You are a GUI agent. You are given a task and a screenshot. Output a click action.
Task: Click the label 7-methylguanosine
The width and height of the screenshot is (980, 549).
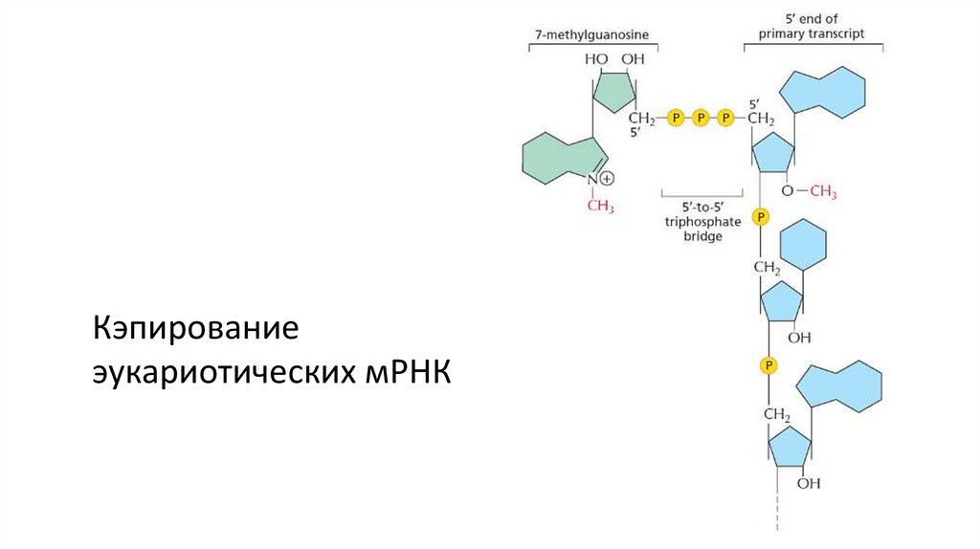tap(590, 35)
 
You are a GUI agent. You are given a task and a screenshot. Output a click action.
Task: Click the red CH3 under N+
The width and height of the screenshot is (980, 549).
tap(600, 206)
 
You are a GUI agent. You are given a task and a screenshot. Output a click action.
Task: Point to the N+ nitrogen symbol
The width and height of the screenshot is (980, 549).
tap(592, 179)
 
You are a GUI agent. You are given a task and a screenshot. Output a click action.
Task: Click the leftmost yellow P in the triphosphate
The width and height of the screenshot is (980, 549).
tap(676, 118)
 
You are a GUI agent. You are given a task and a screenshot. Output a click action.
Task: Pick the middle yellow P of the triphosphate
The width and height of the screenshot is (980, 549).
tap(701, 118)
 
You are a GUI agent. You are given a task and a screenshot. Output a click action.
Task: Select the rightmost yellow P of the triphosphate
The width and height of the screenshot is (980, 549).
tap(725, 118)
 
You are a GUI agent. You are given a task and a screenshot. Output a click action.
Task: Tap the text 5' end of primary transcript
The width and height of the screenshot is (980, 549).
tap(812, 26)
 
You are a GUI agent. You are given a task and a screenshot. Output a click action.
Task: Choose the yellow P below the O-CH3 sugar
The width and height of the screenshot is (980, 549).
tap(761, 218)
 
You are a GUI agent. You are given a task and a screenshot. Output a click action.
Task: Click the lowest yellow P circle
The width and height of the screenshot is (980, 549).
tap(768, 365)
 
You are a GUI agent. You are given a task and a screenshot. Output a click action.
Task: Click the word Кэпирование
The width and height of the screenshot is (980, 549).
tap(196, 328)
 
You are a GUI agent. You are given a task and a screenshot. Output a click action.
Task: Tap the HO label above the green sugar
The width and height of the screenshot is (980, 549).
tap(596, 59)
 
